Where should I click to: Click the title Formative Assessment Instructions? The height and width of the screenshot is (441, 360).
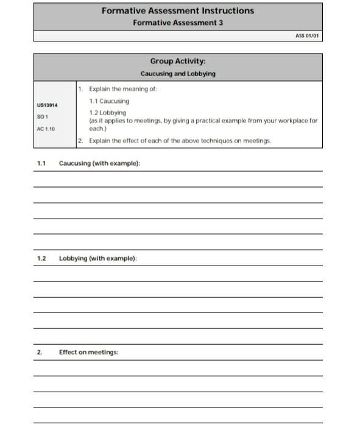pyautogui.click(x=178, y=10)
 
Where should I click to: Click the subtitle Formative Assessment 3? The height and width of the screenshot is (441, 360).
pyautogui.click(x=178, y=22)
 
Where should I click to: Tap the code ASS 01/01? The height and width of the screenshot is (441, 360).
pyautogui.click(x=307, y=35)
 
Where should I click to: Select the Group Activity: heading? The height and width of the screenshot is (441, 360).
pyautogui.click(x=178, y=62)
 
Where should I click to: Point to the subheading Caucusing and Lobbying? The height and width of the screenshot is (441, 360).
pyautogui.click(x=178, y=74)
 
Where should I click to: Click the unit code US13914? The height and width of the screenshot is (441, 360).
pyautogui.click(x=48, y=105)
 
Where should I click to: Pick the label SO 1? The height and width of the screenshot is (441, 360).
pyautogui.click(x=42, y=116)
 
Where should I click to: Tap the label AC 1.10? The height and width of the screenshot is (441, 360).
pyautogui.click(x=46, y=129)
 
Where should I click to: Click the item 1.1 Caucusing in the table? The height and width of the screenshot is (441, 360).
pyautogui.click(x=109, y=101)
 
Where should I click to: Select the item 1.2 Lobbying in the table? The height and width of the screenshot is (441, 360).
pyautogui.click(x=108, y=113)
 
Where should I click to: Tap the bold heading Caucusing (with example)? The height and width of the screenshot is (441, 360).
pyautogui.click(x=99, y=164)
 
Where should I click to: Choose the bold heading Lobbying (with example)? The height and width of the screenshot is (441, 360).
pyautogui.click(x=97, y=258)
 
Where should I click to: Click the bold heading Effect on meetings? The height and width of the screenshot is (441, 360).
pyautogui.click(x=88, y=352)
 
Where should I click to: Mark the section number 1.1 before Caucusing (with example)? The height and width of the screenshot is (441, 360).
pyautogui.click(x=41, y=164)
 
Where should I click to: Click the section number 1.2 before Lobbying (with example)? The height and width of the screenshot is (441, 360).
pyautogui.click(x=41, y=258)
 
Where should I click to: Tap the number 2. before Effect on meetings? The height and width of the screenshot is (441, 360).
pyautogui.click(x=40, y=352)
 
